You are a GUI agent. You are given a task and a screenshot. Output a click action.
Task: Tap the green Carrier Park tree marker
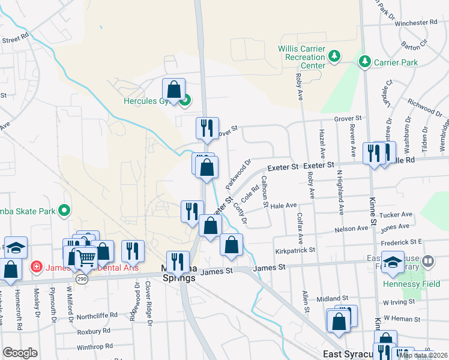[x=364, y=61]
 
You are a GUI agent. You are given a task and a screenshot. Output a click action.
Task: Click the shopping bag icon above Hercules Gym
[x=173, y=90]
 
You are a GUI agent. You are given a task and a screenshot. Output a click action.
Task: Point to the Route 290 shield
[x=82, y=279]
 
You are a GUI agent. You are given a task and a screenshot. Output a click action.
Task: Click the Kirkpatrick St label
[x=295, y=250]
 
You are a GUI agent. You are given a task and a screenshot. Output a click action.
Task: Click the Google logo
[x=20, y=352]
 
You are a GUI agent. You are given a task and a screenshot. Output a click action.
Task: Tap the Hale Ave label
[x=284, y=205]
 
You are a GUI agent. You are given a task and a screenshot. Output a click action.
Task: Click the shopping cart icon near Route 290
[x=86, y=259]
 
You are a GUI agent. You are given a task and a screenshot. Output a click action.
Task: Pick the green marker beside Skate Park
[x=65, y=211]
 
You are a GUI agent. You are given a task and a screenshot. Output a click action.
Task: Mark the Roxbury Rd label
[x=94, y=331]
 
